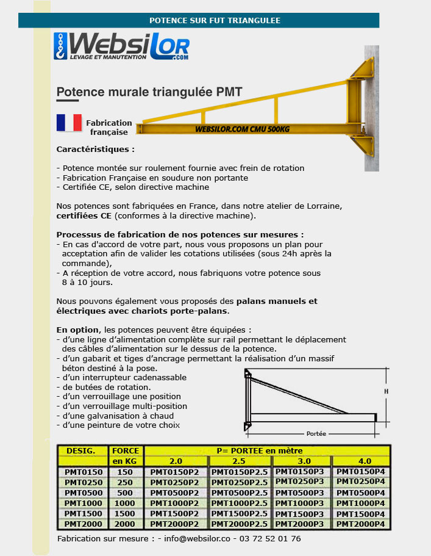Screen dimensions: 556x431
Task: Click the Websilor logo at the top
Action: tap(121, 47)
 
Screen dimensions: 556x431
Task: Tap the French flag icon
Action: tap(69, 123)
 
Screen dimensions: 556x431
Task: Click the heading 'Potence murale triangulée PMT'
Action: tap(149, 92)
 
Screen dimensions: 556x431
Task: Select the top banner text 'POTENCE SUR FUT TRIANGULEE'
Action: tap(215, 20)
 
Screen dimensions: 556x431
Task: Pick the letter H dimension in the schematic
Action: tap(385, 391)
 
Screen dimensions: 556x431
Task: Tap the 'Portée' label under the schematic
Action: tap(316, 433)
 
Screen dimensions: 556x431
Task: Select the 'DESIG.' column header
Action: tap(81, 451)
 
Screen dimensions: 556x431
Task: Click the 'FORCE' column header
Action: tap(126, 451)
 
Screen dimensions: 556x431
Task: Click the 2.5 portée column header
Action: tap(239, 461)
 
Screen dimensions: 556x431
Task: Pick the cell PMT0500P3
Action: tap(301, 492)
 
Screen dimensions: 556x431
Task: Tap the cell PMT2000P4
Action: tap(361, 524)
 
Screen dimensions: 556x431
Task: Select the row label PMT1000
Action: tap(82, 503)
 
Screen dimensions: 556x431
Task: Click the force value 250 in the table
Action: tap(125, 482)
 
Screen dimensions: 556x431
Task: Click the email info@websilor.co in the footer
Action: tap(197, 539)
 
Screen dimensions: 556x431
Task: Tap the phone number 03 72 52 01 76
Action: tap(270, 539)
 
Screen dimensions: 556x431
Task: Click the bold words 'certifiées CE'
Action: tap(84, 215)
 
